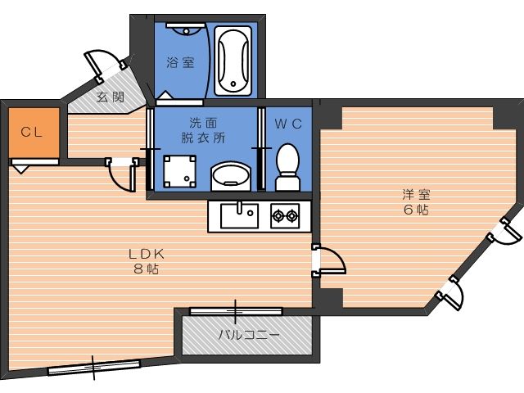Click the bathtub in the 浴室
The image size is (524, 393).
[x=233, y=61]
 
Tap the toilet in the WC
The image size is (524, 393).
[x=287, y=167]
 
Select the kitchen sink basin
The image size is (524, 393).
[x=239, y=215]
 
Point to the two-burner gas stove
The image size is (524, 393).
[x=285, y=216]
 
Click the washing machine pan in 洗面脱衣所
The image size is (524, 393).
[x=179, y=171]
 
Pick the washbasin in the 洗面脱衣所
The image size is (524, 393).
[x=230, y=176]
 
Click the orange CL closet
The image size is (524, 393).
[x=34, y=133]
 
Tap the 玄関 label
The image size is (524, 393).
[x=111, y=97]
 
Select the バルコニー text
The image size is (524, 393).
[x=249, y=334]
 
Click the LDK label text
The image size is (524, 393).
[x=147, y=254]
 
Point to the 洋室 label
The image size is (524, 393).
[x=416, y=195]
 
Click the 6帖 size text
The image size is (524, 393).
[x=416, y=210]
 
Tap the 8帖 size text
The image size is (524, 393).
[x=147, y=269]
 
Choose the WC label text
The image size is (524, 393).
[x=288, y=124]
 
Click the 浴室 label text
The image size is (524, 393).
[x=180, y=62]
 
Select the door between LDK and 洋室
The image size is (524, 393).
[x=328, y=261]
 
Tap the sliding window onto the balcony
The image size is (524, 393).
[x=236, y=311]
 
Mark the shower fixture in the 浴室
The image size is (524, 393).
[x=185, y=29]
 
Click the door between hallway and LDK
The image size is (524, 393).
[x=122, y=174]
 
